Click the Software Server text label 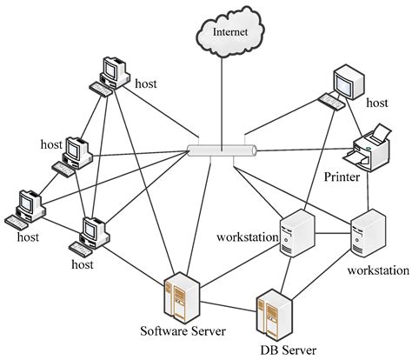coord(184,331)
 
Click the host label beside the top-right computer coord(377,103)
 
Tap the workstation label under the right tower coord(375,270)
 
